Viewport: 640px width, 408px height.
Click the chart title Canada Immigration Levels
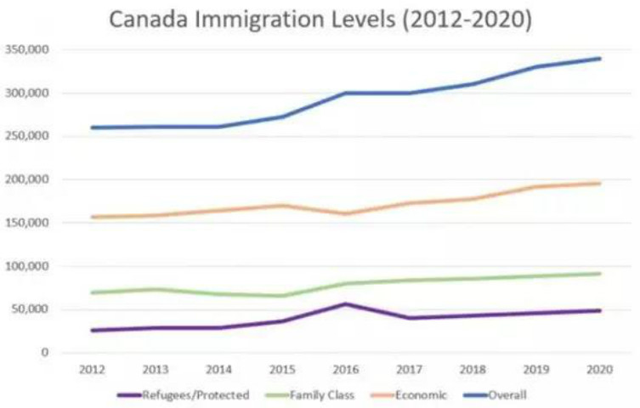[320, 19]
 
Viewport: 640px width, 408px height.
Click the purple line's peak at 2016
[346, 303]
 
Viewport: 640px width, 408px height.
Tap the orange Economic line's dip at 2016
[346, 213]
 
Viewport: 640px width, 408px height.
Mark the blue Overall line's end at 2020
[599, 59]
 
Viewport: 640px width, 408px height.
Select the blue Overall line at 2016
[346, 93]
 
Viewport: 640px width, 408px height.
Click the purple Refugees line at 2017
[410, 318]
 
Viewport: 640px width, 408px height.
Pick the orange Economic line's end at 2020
[599, 184]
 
